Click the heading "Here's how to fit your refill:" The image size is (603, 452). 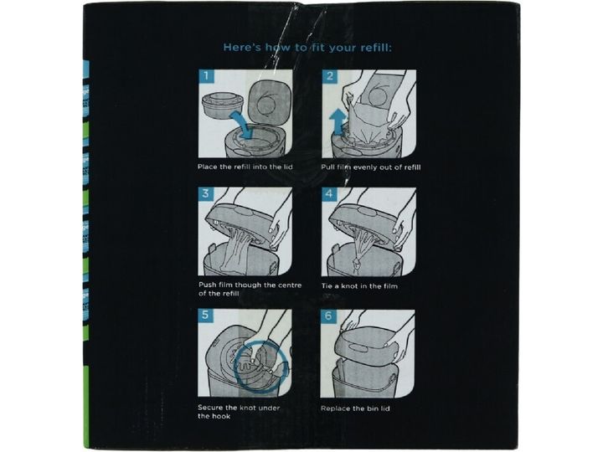tap(307, 48)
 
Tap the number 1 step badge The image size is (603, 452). tap(206, 75)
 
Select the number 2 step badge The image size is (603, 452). tap(330, 75)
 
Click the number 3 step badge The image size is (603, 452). tap(206, 193)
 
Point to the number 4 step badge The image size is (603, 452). tap(329, 193)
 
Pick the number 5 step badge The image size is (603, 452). tap(205, 316)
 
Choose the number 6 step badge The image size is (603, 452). tap(328, 316)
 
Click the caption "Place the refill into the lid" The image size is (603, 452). tap(245, 167)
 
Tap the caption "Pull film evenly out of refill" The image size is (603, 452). tap(371, 167)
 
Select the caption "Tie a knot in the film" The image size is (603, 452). tap(359, 286)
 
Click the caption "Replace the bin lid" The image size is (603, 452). tap(355, 408)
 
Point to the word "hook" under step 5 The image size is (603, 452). tap(221, 416)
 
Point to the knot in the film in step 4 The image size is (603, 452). tap(356, 263)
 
